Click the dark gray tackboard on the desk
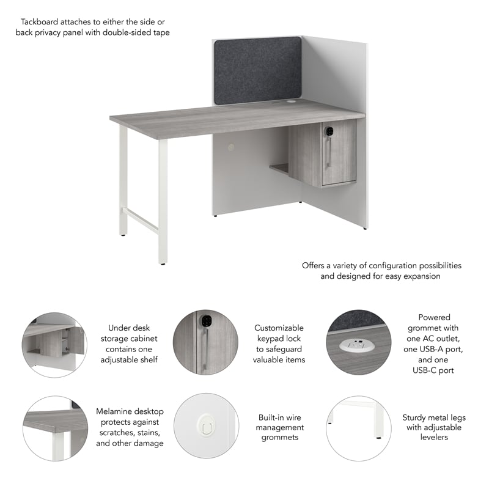[x=258, y=70]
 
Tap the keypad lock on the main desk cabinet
[x=329, y=131]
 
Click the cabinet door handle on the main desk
[x=329, y=153]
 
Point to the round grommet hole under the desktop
[x=230, y=147]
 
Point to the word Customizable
[x=279, y=328]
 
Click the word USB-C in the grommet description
[x=435, y=370]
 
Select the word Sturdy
[x=415, y=417]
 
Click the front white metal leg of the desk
[x=163, y=202]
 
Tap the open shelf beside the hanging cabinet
[x=280, y=167]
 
